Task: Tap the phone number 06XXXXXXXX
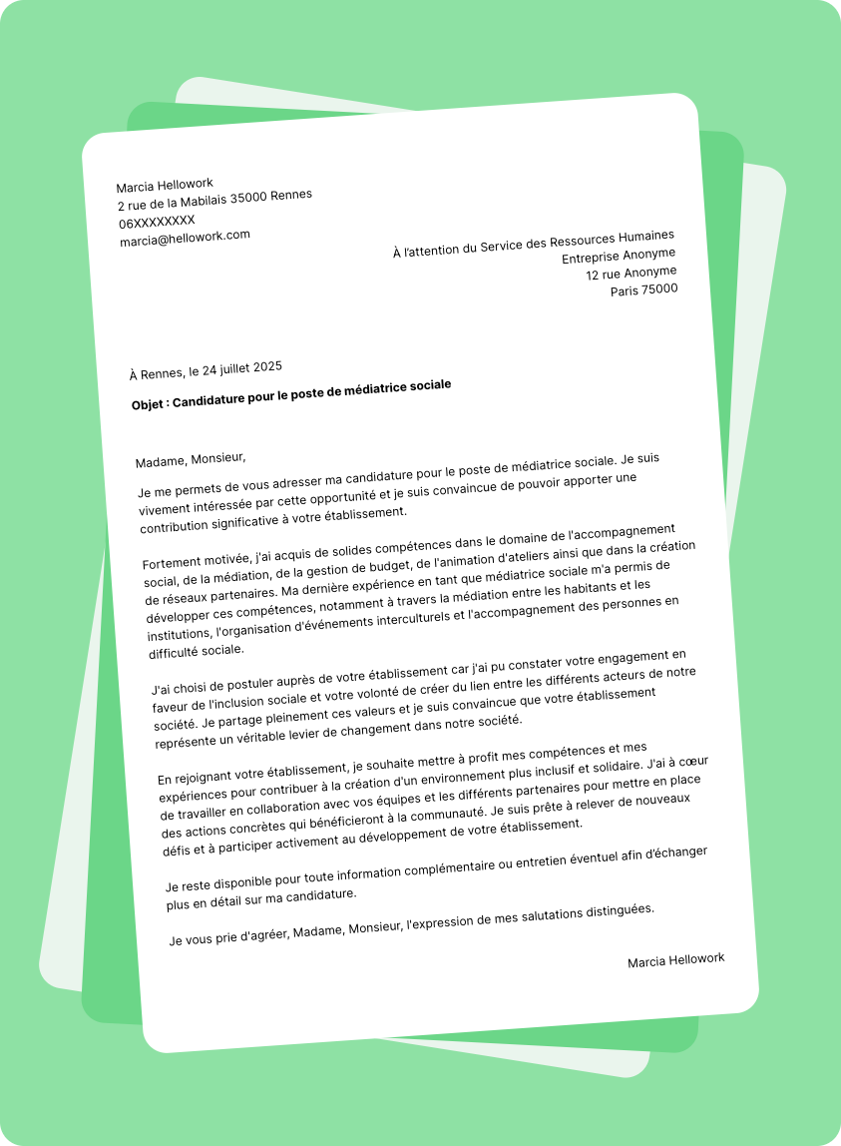[x=157, y=221]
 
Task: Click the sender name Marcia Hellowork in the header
[x=165, y=186]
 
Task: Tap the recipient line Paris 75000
[x=643, y=290]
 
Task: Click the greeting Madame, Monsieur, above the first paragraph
[x=190, y=460]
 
